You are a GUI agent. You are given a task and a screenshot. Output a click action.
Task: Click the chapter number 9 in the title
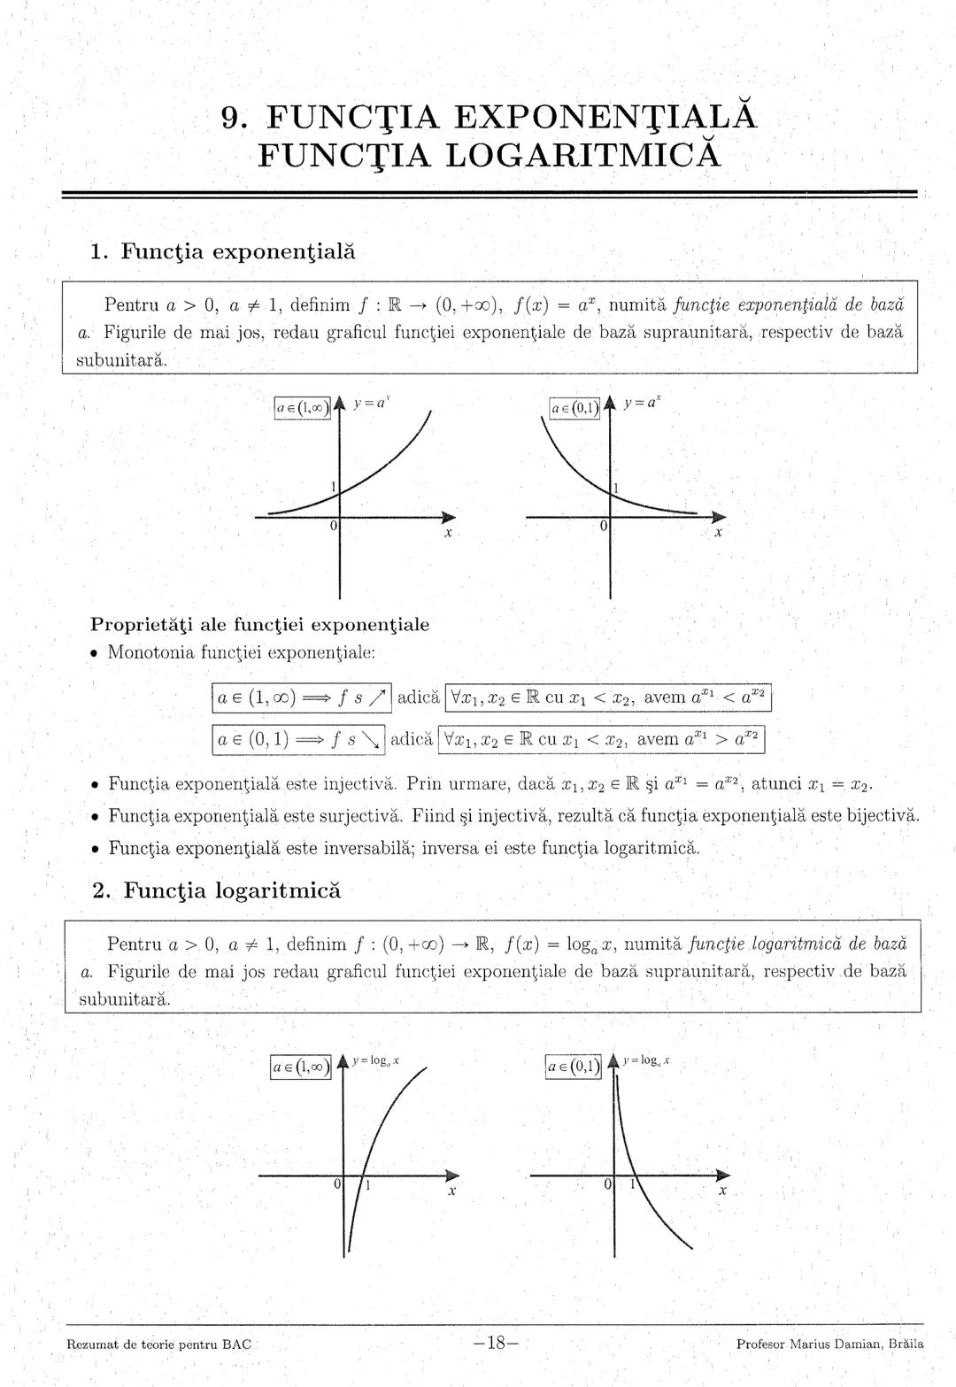[232, 118]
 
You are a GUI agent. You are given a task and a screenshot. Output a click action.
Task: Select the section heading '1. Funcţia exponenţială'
[222, 251]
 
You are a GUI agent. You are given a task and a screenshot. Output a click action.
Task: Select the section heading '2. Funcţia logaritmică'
[216, 890]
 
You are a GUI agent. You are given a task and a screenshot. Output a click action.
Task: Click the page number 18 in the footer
[496, 1343]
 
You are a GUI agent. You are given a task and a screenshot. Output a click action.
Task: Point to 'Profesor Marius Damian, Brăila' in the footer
[829, 1344]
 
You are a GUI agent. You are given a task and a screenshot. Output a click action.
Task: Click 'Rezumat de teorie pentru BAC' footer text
[159, 1344]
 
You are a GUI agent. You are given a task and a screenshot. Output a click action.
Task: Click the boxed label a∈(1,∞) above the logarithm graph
[299, 1067]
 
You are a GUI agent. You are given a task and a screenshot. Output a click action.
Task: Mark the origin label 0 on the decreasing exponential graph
[603, 527]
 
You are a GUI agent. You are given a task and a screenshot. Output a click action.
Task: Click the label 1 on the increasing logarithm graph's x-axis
[368, 1187]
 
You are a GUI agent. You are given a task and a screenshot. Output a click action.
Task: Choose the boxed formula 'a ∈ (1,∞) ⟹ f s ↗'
[302, 697]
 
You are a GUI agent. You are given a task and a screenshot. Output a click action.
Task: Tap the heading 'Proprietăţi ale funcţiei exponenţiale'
[260, 625]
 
